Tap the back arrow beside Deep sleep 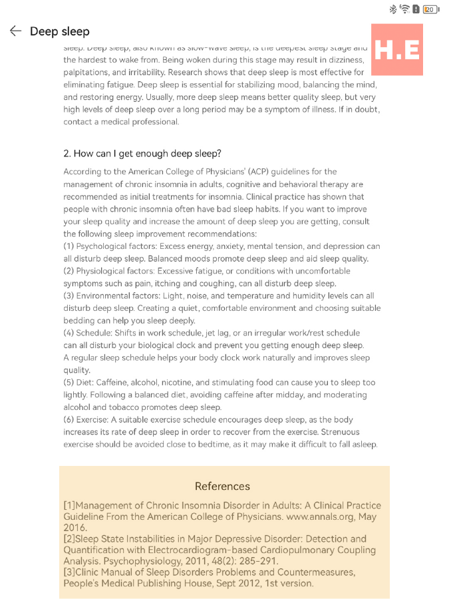pos(15,31)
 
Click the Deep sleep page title pos(59,31)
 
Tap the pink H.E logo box pos(397,49)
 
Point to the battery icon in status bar pos(430,9)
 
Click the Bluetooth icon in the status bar pos(392,9)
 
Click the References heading pos(222,486)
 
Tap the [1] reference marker pos(69,506)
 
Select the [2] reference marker pos(69,539)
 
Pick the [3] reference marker pos(69,572)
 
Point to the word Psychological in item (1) pos(105,246)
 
